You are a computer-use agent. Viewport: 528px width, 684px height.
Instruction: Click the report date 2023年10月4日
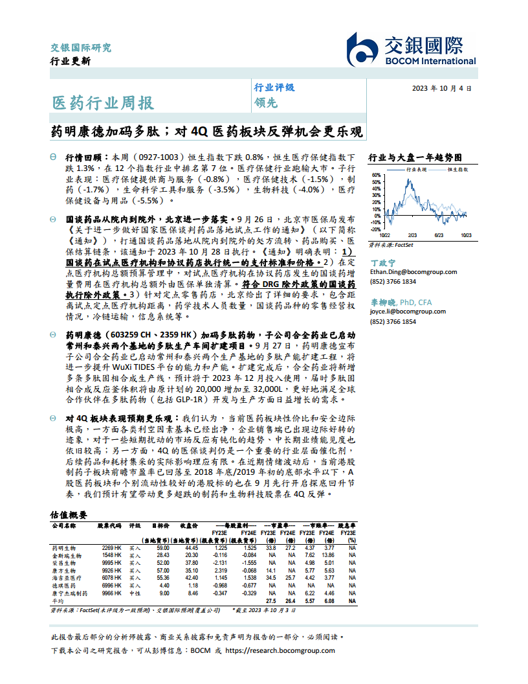[441, 88]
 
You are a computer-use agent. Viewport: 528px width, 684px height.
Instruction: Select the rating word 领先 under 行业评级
[265, 102]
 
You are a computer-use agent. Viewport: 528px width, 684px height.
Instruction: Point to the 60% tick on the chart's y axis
[375, 175]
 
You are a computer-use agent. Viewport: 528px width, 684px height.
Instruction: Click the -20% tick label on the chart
[374, 229]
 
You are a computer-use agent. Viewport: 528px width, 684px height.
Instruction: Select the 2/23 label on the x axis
[412, 235]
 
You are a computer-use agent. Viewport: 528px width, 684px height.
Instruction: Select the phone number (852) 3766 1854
[393, 321]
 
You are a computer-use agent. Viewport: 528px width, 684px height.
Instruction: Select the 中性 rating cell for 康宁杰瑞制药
[135, 593]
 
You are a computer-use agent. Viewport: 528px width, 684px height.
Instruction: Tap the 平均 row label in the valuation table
[58, 600]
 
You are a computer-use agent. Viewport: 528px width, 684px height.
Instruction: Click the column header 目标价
[160, 526]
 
